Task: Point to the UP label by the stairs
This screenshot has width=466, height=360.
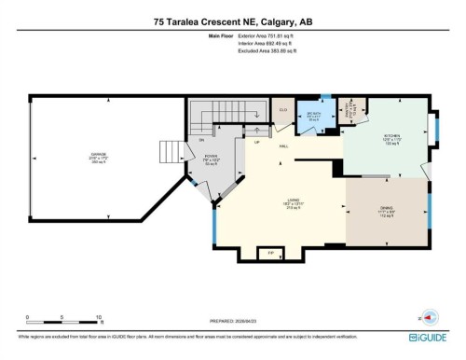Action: [x=257, y=143]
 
